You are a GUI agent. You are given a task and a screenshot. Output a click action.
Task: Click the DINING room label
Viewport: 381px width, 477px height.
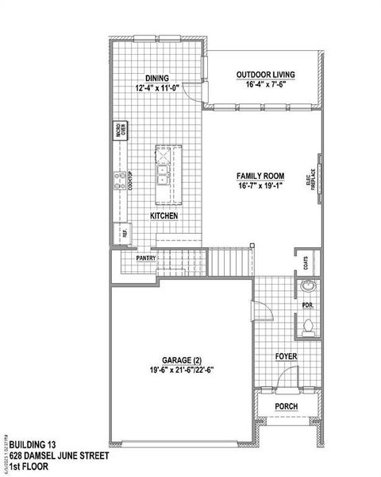(159, 77)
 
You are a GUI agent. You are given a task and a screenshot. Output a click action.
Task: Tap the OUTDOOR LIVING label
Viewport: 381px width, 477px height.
(265, 75)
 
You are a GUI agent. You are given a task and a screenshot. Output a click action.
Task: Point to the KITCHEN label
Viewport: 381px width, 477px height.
(164, 216)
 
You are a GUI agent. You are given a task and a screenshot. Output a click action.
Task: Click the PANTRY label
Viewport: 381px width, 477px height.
(145, 258)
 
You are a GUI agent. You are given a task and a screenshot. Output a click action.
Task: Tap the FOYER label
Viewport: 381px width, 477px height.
(287, 357)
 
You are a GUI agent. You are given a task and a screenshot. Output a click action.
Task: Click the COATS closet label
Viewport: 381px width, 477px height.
(306, 263)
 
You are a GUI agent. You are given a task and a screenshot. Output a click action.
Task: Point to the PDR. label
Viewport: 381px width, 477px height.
(306, 304)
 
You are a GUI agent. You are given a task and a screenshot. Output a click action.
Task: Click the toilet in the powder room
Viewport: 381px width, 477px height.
(308, 324)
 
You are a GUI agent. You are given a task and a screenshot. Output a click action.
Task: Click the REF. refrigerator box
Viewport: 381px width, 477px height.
(124, 233)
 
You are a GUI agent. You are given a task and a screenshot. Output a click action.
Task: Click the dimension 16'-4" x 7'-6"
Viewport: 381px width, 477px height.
(265, 85)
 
